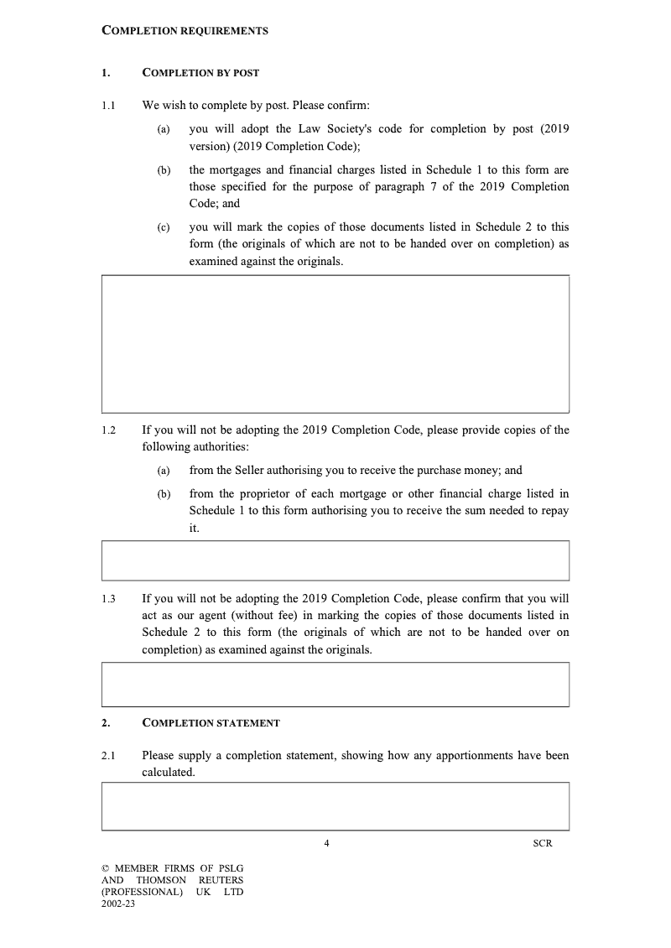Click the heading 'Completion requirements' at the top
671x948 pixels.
185,31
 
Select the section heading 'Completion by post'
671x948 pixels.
200,73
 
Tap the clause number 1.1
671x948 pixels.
108,106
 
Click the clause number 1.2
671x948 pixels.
108,430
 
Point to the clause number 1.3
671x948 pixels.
108,599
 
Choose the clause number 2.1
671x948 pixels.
108,756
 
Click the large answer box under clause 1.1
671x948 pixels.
335,343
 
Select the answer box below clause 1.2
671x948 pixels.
335,560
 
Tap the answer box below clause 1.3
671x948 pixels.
335,684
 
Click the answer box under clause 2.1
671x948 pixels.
335,805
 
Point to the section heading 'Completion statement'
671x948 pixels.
211,723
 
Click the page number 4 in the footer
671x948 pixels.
326,843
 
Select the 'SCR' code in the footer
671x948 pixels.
543,843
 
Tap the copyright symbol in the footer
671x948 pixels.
105,868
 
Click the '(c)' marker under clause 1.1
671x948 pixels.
164,227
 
